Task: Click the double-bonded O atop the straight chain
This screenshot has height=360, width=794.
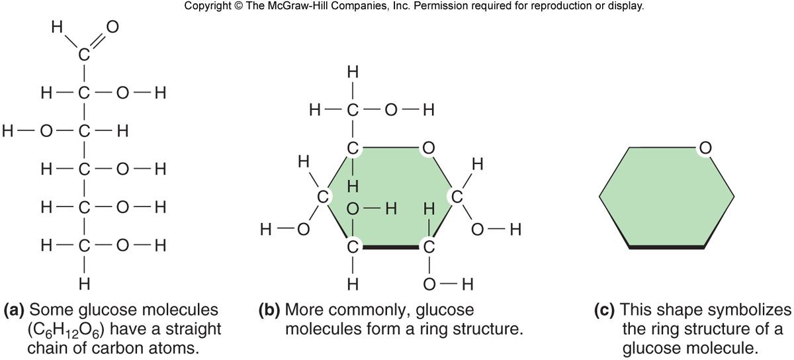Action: click(112, 27)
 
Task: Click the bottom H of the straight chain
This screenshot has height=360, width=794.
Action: click(83, 285)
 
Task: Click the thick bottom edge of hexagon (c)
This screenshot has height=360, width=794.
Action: click(666, 247)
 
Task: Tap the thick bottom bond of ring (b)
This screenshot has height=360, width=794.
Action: click(391, 247)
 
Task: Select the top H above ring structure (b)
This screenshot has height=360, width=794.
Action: click(353, 71)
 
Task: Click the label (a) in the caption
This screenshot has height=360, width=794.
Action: click(15, 310)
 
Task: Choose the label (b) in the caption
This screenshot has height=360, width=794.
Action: click(269, 310)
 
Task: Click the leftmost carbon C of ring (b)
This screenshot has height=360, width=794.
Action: click(323, 197)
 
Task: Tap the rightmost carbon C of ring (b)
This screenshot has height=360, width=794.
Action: click(457, 196)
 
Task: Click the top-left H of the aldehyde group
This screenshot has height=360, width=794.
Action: click(56, 27)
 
